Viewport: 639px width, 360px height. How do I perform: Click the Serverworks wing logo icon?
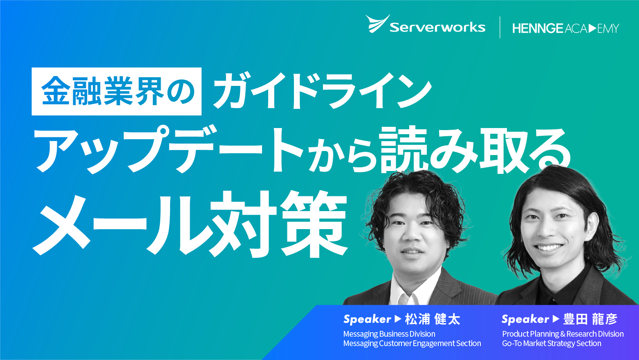pos(377,24)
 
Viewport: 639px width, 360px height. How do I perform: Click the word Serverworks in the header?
pos(437,27)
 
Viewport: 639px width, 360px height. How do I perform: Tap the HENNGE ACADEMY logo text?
pos(566,28)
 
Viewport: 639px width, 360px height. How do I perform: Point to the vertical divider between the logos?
pos(500,27)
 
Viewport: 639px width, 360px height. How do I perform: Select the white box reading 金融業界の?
pos(117,91)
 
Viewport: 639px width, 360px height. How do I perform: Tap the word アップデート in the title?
pos(169,150)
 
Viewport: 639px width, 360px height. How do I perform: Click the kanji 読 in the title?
pos(406,150)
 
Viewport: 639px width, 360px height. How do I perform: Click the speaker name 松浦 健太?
pos(433,319)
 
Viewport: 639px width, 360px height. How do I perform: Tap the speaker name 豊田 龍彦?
pos(590,319)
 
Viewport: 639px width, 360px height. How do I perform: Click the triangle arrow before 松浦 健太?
pos(398,319)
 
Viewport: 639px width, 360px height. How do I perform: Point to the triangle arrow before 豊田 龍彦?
pos(556,319)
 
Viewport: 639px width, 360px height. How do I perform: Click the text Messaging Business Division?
pos(389,334)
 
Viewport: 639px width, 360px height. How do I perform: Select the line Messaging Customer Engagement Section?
pos(412,343)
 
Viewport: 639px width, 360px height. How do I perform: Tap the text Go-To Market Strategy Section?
pos(552,343)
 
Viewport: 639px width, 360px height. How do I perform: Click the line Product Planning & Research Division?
pos(563,334)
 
